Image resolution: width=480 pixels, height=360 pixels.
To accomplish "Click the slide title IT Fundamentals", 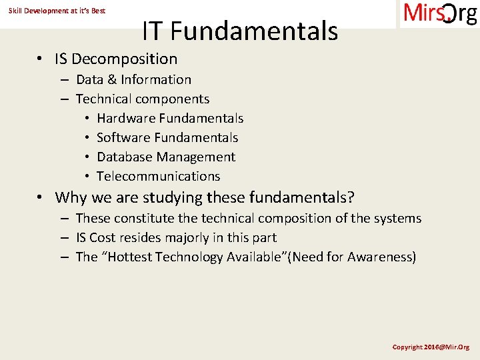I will pos(240,31).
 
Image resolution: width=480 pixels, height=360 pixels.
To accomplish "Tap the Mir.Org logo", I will pos(439,14).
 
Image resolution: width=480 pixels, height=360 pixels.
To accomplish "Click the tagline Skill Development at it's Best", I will pos(57,11).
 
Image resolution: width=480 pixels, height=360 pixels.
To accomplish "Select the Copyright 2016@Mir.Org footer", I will pos(431,347).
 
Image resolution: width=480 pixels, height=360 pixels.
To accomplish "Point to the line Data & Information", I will pos(133,80).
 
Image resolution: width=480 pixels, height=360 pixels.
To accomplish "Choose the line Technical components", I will pos(142,99).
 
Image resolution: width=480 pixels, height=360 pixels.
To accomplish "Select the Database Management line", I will pos(166,157).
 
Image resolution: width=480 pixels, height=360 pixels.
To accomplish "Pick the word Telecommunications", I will pos(158,177).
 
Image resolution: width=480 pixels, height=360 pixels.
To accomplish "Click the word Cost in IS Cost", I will pos(103,238).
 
